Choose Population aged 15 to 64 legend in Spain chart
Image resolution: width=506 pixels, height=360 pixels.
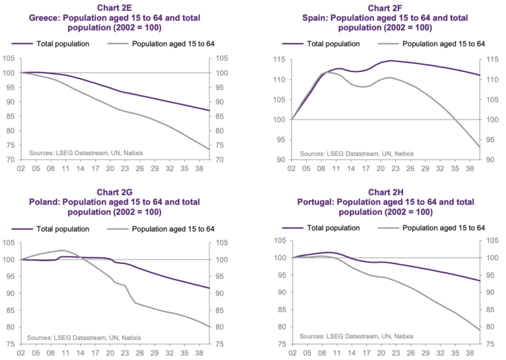pos(444,44)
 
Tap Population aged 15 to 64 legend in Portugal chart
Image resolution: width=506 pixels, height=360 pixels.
pos(444,228)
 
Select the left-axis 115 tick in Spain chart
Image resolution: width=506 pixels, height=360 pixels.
pos(280,60)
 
